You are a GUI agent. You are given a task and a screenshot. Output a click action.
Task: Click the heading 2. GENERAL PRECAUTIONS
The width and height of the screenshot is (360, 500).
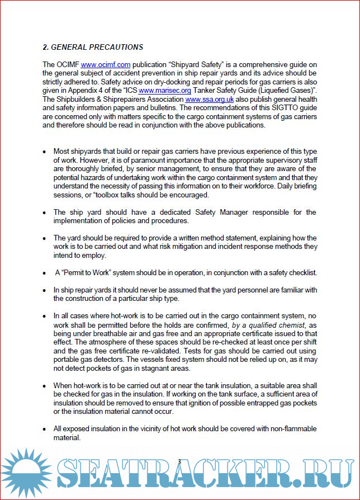click(93, 47)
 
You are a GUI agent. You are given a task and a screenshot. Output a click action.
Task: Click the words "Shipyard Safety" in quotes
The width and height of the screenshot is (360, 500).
click(193, 65)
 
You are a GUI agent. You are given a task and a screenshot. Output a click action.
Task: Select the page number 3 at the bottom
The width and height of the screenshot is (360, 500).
click(179, 461)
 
